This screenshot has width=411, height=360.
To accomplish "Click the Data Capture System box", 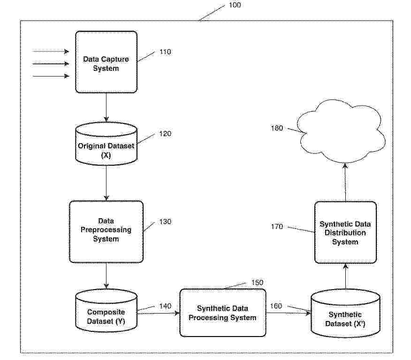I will point(107,62).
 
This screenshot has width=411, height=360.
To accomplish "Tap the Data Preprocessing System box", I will point(106,231).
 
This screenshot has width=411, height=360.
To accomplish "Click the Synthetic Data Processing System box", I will point(223,313).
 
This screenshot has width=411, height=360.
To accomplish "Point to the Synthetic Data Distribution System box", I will point(345,232).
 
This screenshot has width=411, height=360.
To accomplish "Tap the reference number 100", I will point(235,5).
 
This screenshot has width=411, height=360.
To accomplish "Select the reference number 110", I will point(165,52).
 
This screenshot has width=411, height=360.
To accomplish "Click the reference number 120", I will point(165,134).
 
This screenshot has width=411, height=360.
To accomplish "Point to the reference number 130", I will point(165,222).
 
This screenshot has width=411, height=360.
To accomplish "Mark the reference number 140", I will point(165,306).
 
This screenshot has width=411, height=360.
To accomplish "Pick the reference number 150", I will point(257,283).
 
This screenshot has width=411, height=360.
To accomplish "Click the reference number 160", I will point(276,306).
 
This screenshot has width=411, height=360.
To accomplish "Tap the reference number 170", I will point(277,227).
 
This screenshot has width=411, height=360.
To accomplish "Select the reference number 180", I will point(277,128).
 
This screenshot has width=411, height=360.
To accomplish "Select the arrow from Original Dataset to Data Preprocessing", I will point(107,183).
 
